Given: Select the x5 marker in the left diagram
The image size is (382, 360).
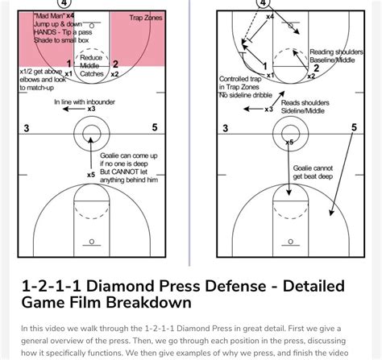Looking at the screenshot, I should pyautogui.click(x=90, y=174).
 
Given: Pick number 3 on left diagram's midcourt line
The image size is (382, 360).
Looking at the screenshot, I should pyautogui.click(x=27, y=128).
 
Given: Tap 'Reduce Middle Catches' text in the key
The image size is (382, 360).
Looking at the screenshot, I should pyautogui.click(x=91, y=64).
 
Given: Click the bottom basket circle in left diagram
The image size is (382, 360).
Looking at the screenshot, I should pyautogui.click(x=91, y=241).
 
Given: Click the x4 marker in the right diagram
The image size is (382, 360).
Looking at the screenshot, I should pyautogui.click(x=269, y=16).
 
